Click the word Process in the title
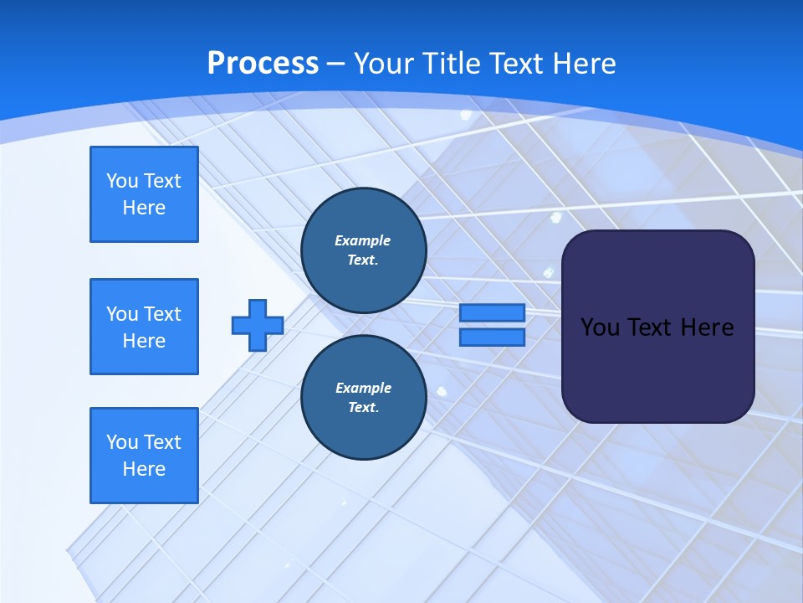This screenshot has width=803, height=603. pos(263,64)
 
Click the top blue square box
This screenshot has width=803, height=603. pos(144,194)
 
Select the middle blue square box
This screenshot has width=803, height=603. pos(144,327)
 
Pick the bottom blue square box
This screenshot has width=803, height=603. pos(144,456)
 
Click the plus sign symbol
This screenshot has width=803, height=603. pos(258,325)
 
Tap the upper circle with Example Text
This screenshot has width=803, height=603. pos(364,250)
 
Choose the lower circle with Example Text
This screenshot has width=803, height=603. pos(364,397)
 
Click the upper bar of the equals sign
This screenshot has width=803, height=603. pos(492,312)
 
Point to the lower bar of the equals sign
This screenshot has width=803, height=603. pos(492,338)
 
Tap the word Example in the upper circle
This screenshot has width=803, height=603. pos(363,240)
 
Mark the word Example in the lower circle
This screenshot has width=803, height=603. pos(363,388)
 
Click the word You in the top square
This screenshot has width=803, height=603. pos(121,181)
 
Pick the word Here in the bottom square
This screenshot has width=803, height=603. pos(144,469)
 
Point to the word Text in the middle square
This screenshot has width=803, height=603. pos(162,314)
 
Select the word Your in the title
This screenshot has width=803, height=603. pos(383,64)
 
